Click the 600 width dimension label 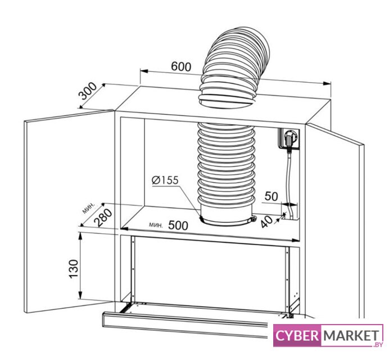[181, 66]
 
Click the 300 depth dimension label [88, 91]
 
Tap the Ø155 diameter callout [165, 180]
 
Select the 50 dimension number [271, 196]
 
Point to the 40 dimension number [266, 221]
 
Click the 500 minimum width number [178, 226]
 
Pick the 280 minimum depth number [104, 218]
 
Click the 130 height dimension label [74, 269]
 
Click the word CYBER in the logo [296, 335]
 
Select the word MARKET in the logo [351, 336]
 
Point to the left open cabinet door [69, 211]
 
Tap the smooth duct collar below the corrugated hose [227, 213]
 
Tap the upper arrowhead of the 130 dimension [80, 237]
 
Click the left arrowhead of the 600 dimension [144, 71]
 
